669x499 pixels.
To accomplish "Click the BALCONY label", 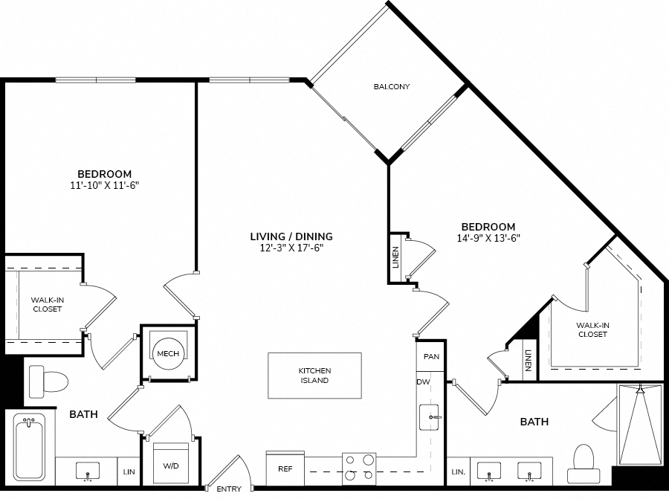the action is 392,87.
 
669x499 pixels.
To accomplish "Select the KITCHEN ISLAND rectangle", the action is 315,376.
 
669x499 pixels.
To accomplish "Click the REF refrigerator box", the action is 285,469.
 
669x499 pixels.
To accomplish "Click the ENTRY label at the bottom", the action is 229,489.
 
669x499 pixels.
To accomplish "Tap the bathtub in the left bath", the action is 28,448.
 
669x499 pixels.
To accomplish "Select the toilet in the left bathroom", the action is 48,382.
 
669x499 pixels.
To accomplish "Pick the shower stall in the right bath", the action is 639,425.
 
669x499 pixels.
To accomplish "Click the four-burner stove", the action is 359,469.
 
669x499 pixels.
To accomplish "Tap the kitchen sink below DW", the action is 430,417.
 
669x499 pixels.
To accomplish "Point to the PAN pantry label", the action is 431,356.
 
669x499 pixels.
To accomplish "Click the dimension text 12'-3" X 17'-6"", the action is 292,248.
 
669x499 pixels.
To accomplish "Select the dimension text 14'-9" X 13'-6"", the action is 488,238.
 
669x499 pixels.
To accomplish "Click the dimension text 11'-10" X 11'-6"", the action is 105,185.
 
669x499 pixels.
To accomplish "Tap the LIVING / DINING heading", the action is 291,236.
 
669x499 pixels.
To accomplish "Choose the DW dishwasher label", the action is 423,382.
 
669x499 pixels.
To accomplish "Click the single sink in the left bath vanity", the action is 88,471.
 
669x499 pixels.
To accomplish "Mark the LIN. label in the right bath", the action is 458,472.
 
